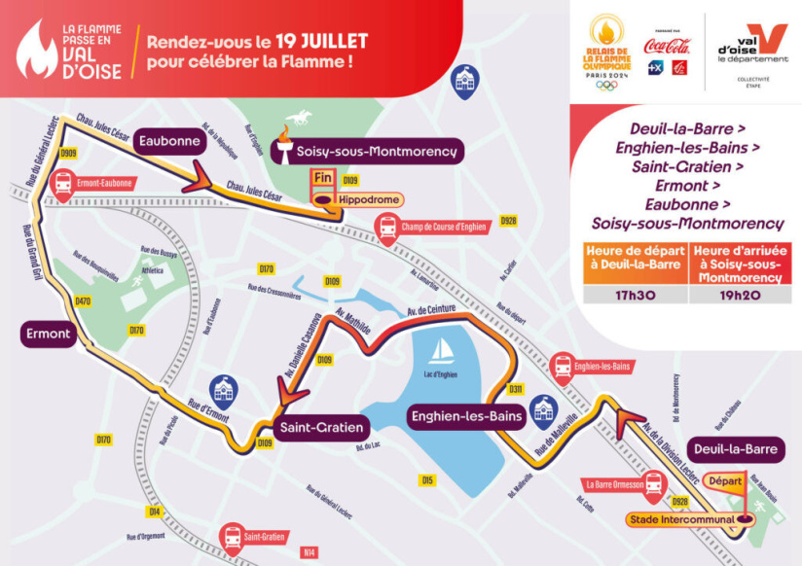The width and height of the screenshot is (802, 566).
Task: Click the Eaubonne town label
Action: (169, 141)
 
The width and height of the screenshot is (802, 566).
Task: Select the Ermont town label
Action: (47, 335)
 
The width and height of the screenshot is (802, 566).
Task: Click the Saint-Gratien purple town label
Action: (321, 427)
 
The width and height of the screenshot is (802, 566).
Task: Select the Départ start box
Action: (724, 481)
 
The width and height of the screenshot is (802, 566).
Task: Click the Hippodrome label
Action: (354, 199)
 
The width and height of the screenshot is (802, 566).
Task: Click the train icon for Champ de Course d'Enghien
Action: (387, 228)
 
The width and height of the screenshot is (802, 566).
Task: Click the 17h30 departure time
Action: (636, 293)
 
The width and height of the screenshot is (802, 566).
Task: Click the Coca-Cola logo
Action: (668, 46)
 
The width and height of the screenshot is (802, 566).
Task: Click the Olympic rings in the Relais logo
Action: (606, 86)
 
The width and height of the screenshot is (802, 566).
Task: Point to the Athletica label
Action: (151, 271)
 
